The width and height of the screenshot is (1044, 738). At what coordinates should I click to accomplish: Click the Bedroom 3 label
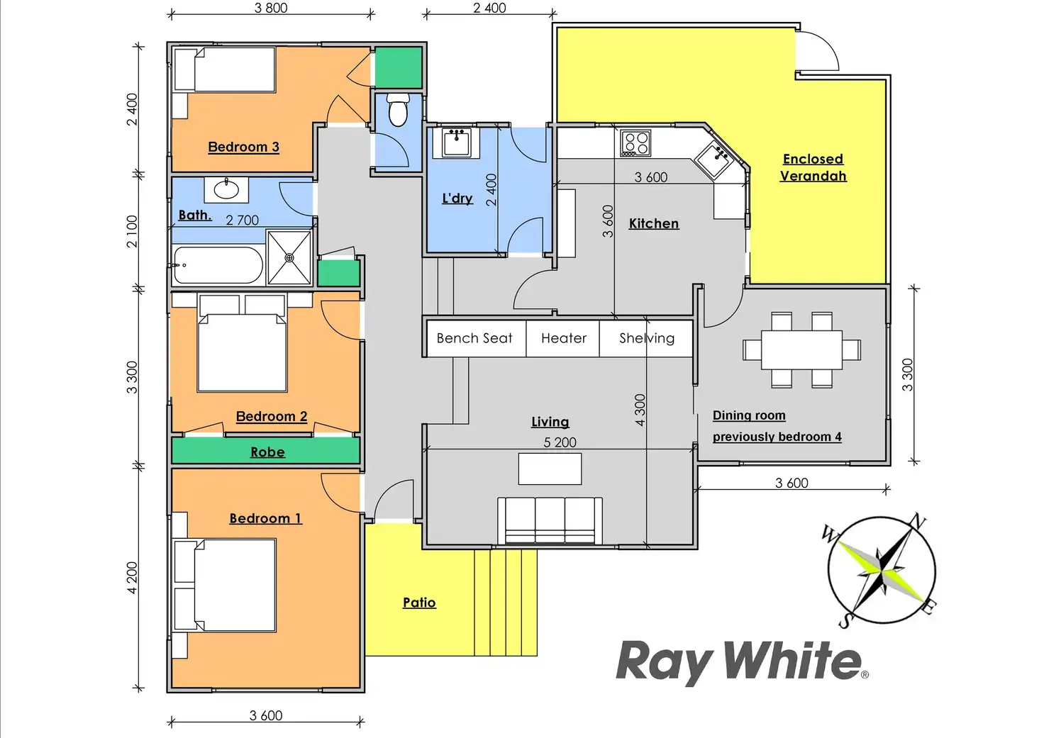243,147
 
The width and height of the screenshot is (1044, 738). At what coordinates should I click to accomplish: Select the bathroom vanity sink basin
226,190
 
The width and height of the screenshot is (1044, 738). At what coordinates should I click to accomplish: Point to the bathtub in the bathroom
217,265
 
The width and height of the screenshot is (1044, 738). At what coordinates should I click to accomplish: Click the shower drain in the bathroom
289,258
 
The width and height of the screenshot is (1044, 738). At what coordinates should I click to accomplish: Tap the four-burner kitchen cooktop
635,142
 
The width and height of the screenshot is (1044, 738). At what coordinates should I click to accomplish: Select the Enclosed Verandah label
813,167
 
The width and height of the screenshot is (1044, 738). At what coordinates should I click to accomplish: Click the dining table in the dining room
801,350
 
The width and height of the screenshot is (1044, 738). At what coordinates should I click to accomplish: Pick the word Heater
564,338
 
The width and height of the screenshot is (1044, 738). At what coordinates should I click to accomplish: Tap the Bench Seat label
474,338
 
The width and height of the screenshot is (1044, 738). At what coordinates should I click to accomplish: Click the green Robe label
267,452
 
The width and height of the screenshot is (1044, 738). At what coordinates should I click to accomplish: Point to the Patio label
419,603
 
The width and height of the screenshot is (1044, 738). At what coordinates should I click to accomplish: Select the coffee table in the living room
550,469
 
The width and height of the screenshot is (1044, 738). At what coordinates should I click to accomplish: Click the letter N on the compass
918,522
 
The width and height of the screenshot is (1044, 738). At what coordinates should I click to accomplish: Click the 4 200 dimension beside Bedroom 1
132,578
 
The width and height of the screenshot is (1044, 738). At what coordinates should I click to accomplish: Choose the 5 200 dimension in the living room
560,442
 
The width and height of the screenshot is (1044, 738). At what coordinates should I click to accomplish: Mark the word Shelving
647,338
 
